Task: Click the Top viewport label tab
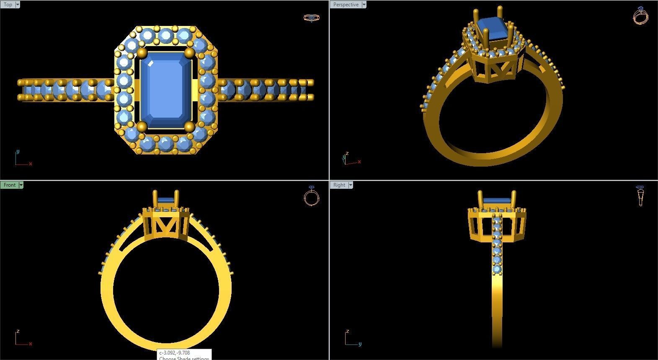[8, 5]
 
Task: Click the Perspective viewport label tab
[346, 5]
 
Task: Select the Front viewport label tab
[9, 185]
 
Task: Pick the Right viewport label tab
[339, 185]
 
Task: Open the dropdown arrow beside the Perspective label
[364, 5]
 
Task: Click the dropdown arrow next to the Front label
[21, 185]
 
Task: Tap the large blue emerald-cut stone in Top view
[166, 90]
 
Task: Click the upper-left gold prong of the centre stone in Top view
[142, 53]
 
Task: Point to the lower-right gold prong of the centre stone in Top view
[189, 126]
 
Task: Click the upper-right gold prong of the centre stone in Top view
[189, 53]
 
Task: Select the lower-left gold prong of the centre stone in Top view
[142, 126]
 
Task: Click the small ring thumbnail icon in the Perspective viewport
[640, 15]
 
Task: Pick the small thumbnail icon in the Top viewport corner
[311, 18]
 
